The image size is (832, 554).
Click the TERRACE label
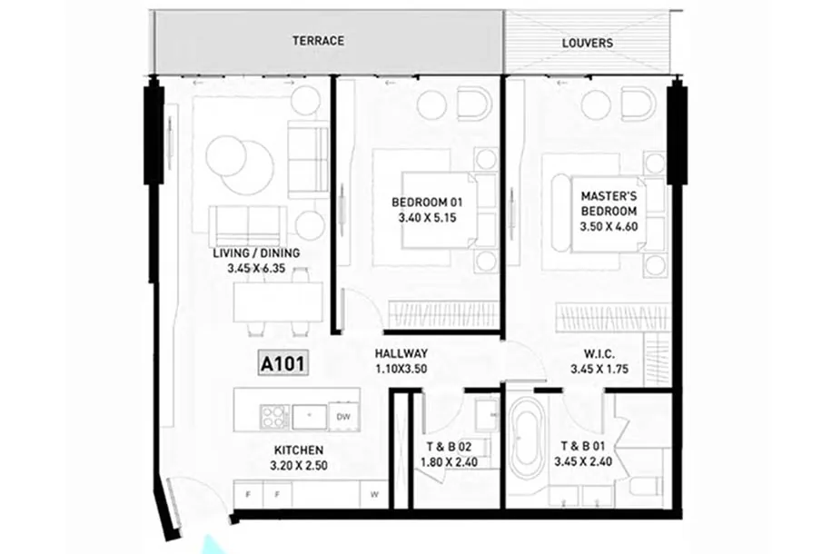pos(318,41)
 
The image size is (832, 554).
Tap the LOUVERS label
pos(588,43)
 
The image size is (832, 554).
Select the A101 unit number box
pos(283,364)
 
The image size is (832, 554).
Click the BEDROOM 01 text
pos(427,203)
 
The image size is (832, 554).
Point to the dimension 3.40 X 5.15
pos(427,218)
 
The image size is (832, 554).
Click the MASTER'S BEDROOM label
pos(609,203)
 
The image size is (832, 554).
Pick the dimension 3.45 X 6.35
pos(256,269)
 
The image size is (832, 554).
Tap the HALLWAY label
pos(401,353)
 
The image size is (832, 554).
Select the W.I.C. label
pos(599,354)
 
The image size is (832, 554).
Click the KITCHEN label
pos(299,450)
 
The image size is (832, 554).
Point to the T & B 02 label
pos(449,447)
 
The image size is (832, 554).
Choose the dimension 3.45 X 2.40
pos(583,461)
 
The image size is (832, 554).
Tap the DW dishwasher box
pos(343,417)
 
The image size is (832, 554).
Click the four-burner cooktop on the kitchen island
pos(274,417)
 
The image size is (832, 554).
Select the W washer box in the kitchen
pos(374,495)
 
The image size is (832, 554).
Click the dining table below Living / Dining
pos(278,301)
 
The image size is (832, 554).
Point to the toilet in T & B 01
pos(646,486)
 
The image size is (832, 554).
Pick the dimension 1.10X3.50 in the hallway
pos(401,369)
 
